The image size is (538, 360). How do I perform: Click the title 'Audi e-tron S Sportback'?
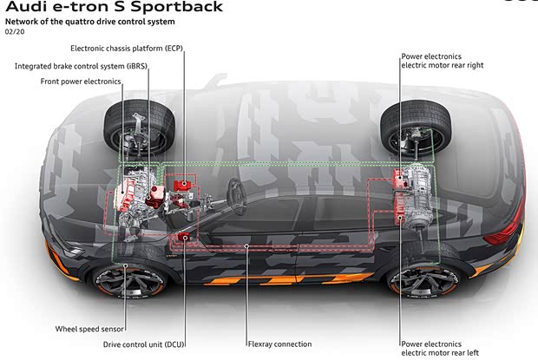[113, 7]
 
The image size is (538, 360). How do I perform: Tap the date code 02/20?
[15, 32]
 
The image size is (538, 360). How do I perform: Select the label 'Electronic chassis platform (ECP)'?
[128, 48]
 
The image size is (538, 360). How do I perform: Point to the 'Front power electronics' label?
[81, 82]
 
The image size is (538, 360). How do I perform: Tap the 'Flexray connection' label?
[279, 344]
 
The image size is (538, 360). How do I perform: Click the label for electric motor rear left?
[440, 349]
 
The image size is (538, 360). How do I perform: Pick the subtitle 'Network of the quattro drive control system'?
[90, 21]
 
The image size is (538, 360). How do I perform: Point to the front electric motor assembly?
[136, 194]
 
